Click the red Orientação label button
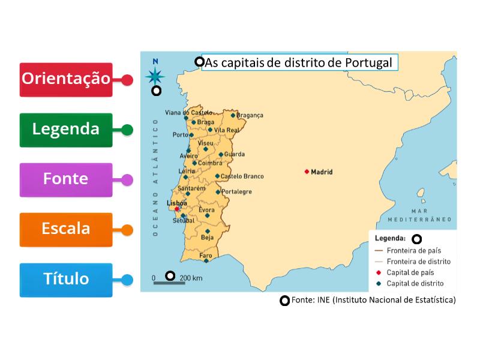pos(66,79)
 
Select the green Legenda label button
pos(66,130)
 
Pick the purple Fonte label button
pos(66,179)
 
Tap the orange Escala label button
pos(66,229)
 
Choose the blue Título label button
pos(66,279)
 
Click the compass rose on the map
pos(155,76)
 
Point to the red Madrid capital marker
pos(307,172)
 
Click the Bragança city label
pos(250,115)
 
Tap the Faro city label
pos(206,255)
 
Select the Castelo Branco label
pos(242,176)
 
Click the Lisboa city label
pos(176,203)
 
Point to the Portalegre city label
pos(236,192)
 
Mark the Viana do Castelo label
pos(189,112)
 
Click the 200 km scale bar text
pos(191,278)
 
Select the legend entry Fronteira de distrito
pos(419,262)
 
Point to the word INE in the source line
pos(322,300)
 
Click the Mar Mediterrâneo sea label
pos(427,215)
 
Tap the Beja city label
pos(207,238)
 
